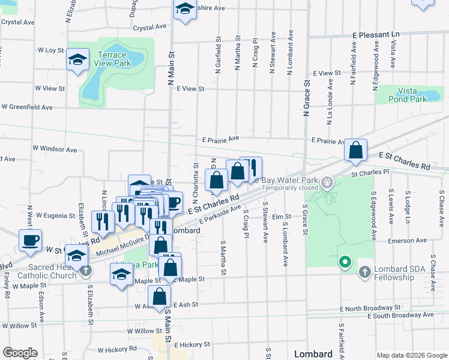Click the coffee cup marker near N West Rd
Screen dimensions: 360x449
coord(30,241)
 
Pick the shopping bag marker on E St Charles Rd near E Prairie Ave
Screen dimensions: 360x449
coord(356,151)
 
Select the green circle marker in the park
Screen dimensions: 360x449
coord(345,262)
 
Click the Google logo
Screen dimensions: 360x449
coord(20,353)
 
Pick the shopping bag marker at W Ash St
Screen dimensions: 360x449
coord(160,296)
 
